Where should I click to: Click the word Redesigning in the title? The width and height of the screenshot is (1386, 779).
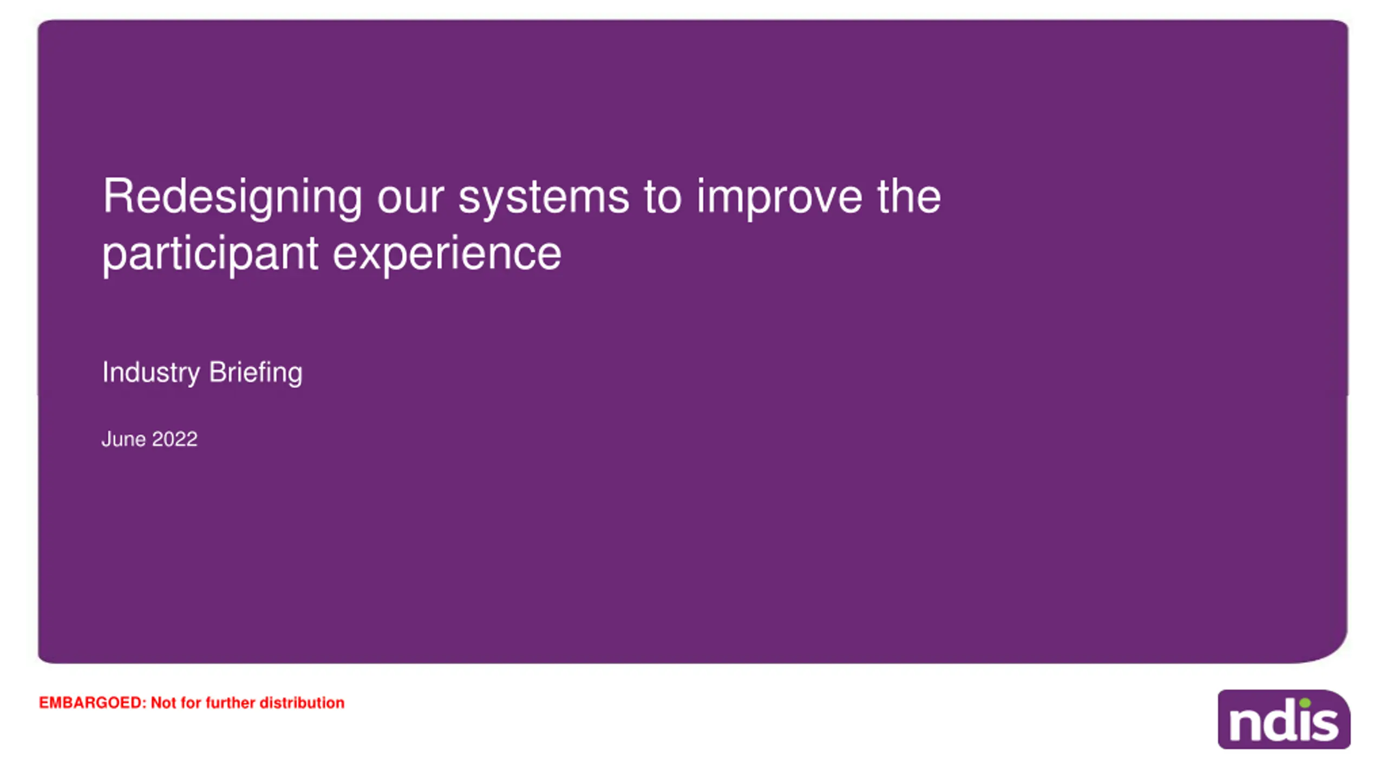coord(232,198)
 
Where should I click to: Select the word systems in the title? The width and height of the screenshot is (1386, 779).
coord(544,199)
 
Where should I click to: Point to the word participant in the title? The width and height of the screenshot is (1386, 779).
coord(210,256)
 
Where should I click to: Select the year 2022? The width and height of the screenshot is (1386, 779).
coord(175,439)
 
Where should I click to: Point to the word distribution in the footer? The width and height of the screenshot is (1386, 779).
coord(302,703)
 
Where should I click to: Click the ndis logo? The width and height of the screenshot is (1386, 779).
coord(1284,719)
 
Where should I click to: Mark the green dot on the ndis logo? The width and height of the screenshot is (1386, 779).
coord(1305,703)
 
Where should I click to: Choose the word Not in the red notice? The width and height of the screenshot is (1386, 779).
coord(163,703)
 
